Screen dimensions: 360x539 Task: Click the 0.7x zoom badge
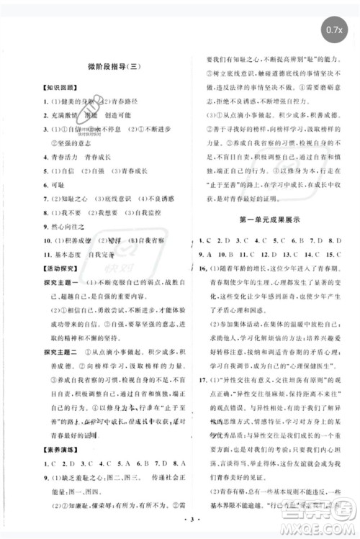click(333, 30)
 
